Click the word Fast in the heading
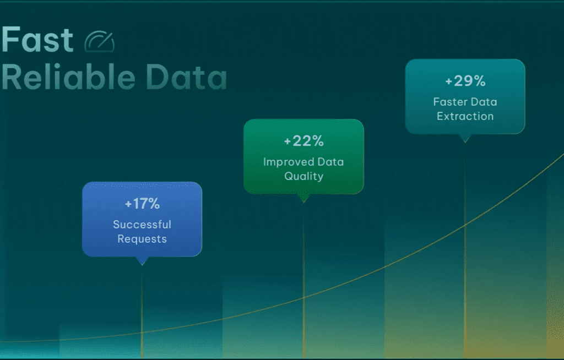coord(37,40)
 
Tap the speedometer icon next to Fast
coord(100,42)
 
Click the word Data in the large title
coord(186,77)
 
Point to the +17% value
coord(142,204)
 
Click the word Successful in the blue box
coord(142,225)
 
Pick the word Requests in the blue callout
coord(142,239)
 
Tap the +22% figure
coord(303,141)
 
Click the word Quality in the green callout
coord(303,176)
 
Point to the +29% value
coord(465,81)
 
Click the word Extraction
coord(465,116)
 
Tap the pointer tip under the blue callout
coord(142,265)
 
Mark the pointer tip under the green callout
coord(303,203)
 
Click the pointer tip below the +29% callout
coord(465,143)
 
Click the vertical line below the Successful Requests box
coord(142,312)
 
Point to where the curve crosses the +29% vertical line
coord(465,226)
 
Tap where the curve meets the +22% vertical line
coord(303,298)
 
